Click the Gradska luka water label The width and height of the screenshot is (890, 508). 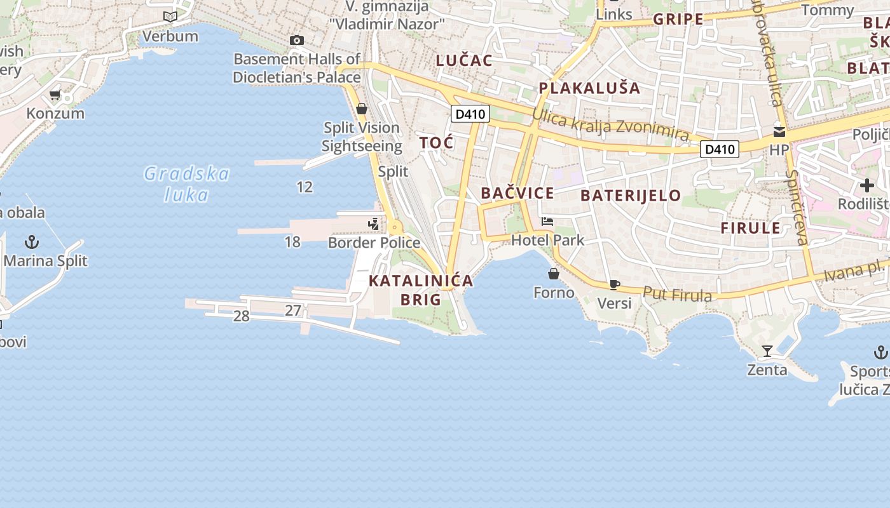[x=186, y=184]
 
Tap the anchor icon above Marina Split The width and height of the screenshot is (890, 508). [x=31, y=242]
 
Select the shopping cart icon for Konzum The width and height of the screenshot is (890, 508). [x=55, y=96]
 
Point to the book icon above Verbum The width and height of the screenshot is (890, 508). [x=170, y=17]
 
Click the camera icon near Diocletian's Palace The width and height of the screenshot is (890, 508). [x=296, y=41]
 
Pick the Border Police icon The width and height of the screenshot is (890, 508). [x=374, y=224]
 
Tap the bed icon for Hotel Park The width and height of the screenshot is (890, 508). [x=547, y=222]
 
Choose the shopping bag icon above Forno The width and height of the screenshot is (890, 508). [x=554, y=274]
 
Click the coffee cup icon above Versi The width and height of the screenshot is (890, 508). [x=614, y=284]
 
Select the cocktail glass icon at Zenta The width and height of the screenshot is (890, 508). [x=767, y=351]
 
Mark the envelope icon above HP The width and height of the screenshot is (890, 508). [x=779, y=132]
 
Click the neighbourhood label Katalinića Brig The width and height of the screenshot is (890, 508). [x=421, y=290]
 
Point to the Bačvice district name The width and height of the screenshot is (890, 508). [x=517, y=193]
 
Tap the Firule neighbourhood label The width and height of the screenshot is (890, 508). [x=750, y=228]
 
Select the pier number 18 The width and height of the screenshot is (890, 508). [x=292, y=242]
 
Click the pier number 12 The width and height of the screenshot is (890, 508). [x=305, y=187]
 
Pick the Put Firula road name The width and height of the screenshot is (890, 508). [x=677, y=294]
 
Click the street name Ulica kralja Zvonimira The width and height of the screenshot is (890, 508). [x=610, y=124]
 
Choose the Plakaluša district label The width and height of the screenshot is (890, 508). [x=589, y=88]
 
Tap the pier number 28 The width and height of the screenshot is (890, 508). [x=241, y=316]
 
